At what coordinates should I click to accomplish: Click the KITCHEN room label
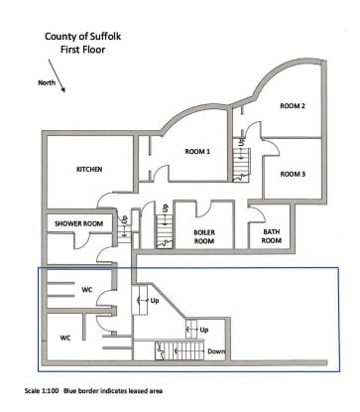(x=89, y=169)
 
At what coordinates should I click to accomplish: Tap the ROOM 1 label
(x=197, y=151)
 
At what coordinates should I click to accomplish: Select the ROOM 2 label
(x=292, y=106)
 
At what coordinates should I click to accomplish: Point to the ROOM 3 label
(x=292, y=174)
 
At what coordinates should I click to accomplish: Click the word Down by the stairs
(x=215, y=350)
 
